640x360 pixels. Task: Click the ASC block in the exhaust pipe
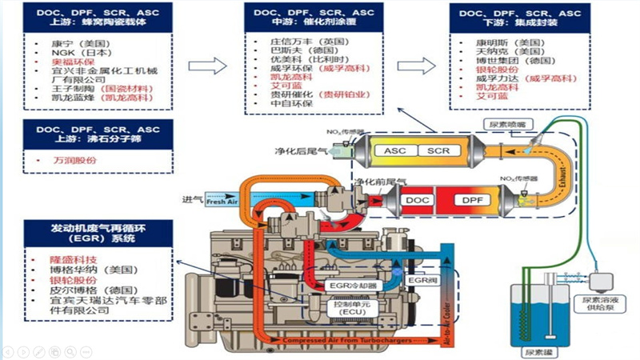coord(394,150)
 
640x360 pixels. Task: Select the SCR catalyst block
coord(439,150)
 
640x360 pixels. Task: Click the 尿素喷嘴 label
coord(506,124)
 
